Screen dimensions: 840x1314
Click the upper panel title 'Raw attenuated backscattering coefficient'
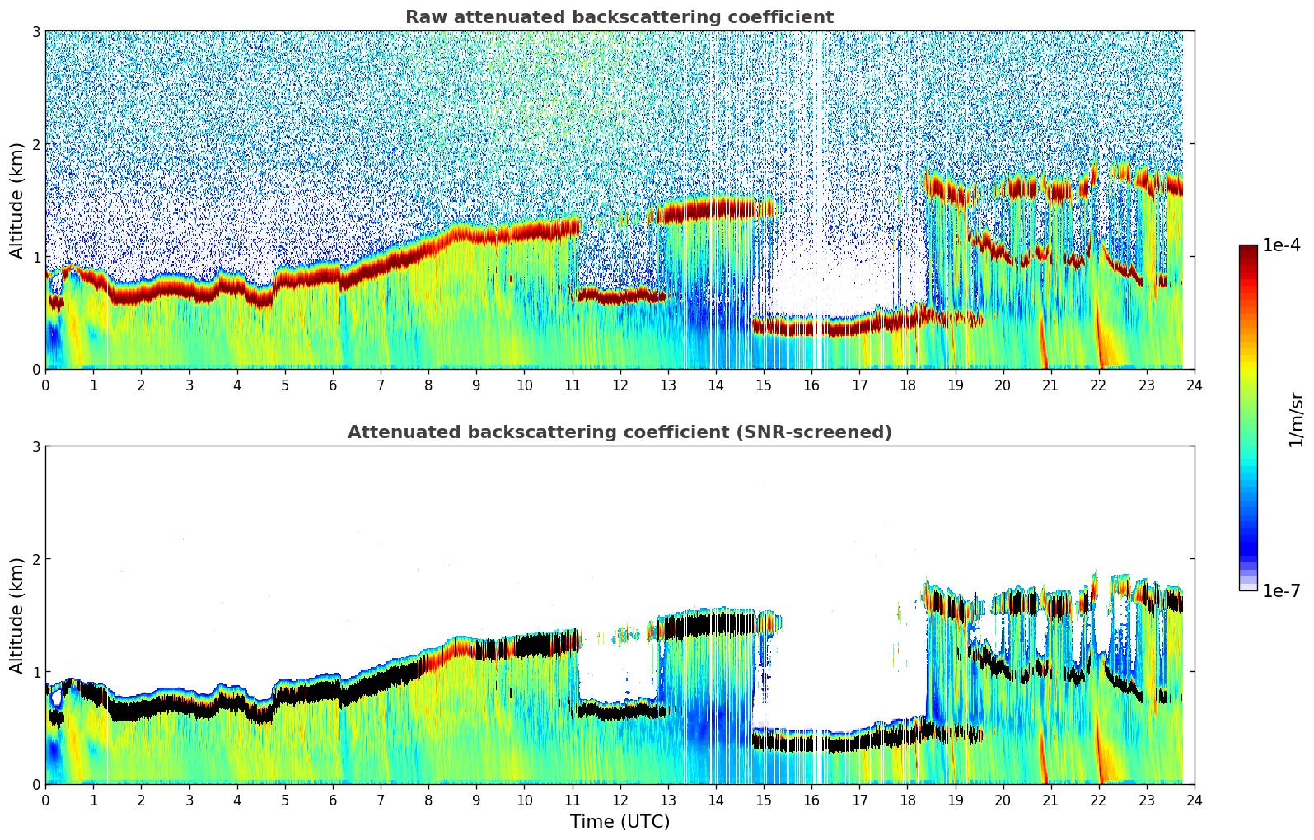[x=619, y=17]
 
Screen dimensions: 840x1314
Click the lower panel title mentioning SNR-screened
[x=619, y=432]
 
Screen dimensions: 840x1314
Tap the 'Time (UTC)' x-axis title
[x=620, y=821]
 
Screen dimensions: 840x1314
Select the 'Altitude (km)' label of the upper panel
[x=16, y=200]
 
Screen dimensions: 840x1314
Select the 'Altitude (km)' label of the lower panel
[x=16, y=615]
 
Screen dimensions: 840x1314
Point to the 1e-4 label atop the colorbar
[x=1281, y=245]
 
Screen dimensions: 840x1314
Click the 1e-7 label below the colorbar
[x=1281, y=590]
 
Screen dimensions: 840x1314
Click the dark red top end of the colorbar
[x=1247, y=249]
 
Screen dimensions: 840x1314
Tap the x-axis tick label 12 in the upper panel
[x=620, y=385]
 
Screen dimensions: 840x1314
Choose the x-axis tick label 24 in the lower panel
[x=1194, y=800]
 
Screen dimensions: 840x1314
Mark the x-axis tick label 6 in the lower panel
[x=333, y=800]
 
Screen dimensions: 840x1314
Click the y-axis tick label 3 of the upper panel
[x=36, y=31]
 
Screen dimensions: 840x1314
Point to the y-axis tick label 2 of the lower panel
[x=36, y=559]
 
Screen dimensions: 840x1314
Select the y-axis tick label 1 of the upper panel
[x=36, y=257]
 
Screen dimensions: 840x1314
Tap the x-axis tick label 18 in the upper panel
[x=907, y=385]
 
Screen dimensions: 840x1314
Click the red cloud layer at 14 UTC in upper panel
[x=715, y=209]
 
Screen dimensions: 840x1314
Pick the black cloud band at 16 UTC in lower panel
[x=811, y=743]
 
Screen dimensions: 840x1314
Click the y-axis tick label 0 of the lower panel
[x=36, y=784]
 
